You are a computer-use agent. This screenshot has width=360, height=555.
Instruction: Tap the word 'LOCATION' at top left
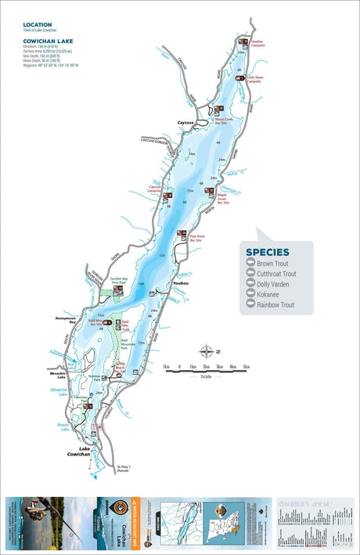tap(38, 24)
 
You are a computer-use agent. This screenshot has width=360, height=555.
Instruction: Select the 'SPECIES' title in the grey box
tap(268, 252)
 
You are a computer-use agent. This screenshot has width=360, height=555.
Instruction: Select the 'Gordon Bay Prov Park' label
tap(119, 280)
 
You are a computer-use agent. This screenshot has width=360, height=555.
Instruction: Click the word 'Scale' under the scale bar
tap(206, 376)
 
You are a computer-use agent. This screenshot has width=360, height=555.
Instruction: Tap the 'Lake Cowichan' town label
tap(79, 453)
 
